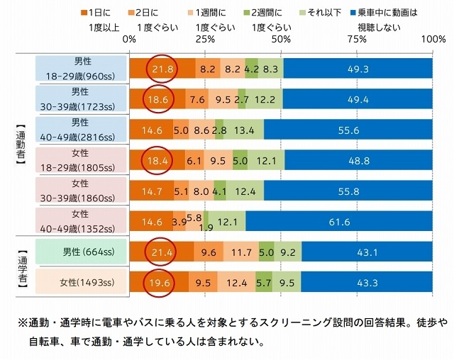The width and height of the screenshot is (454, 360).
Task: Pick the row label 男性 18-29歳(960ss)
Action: (x=82, y=69)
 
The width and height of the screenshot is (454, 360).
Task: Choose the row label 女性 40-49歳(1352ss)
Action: (x=82, y=221)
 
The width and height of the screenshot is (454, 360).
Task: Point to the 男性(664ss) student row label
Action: (x=82, y=252)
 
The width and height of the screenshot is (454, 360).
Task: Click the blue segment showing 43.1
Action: (x=367, y=252)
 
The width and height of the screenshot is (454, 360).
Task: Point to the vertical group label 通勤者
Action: (x=21, y=145)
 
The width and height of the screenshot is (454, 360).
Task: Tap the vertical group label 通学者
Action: (x=21, y=267)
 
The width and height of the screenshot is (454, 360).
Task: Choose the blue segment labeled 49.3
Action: (x=358, y=69)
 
